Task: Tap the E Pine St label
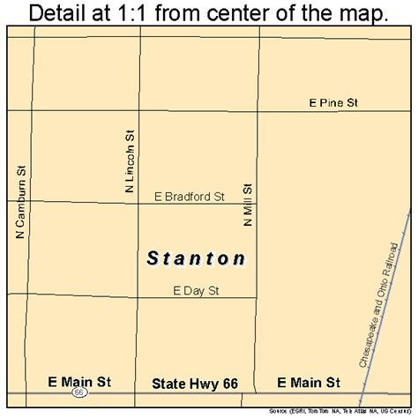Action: (x=333, y=103)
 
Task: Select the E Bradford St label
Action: (x=189, y=197)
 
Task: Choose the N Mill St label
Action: (x=249, y=205)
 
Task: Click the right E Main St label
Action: (x=308, y=383)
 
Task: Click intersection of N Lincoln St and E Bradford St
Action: (x=139, y=204)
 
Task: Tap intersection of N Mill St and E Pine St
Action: (x=259, y=112)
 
